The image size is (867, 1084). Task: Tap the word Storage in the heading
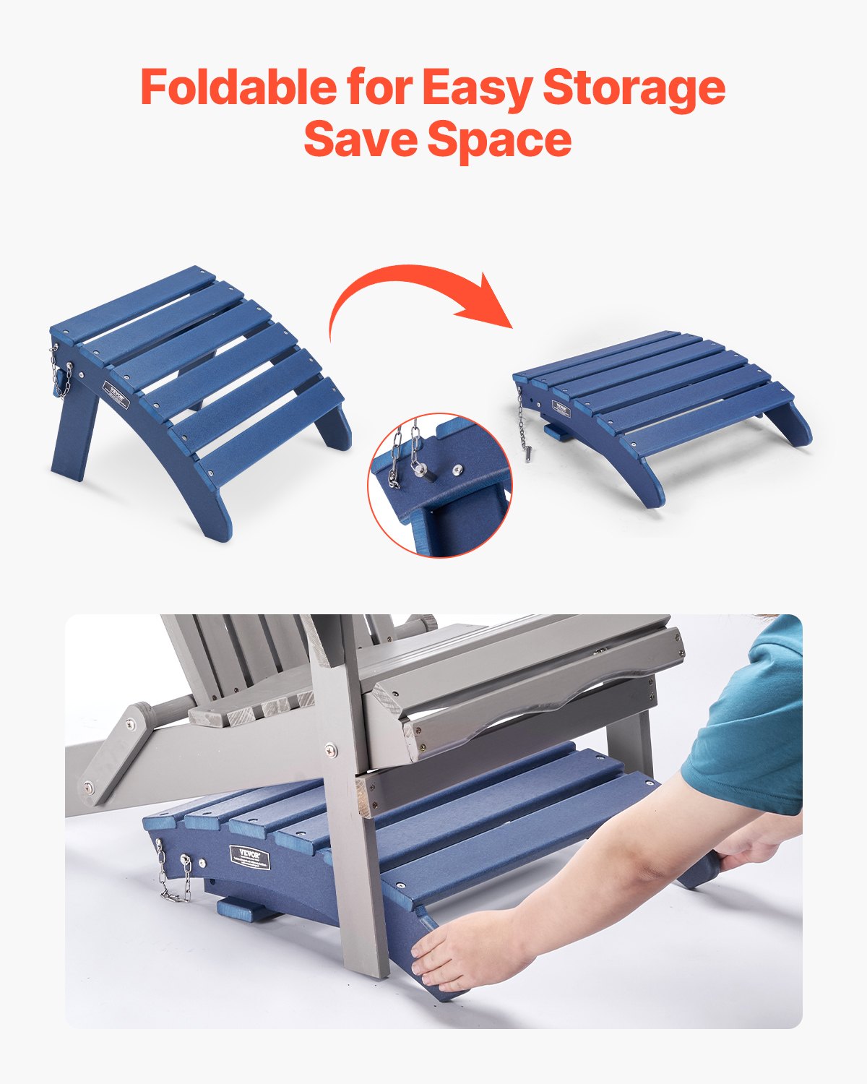tap(634, 88)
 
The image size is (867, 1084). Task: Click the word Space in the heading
tap(499, 140)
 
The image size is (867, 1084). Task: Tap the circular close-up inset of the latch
tap(439, 485)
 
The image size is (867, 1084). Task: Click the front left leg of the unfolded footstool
tap(210, 506)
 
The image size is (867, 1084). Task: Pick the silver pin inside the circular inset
tap(418, 469)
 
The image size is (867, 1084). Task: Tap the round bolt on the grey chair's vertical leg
tap(330, 749)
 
